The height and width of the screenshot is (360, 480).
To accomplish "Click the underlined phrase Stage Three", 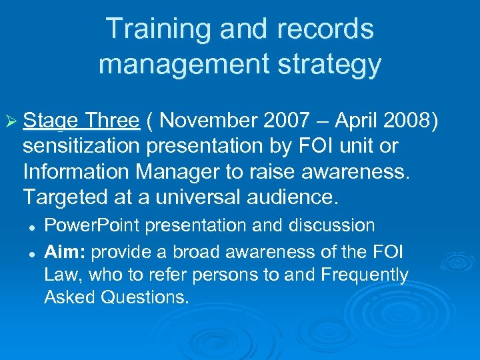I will (81, 121).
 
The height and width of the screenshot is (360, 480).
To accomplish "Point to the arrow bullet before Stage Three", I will (11, 121).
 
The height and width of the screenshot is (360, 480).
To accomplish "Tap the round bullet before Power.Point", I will (31, 227).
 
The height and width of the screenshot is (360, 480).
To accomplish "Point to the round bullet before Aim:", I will (31, 252).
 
